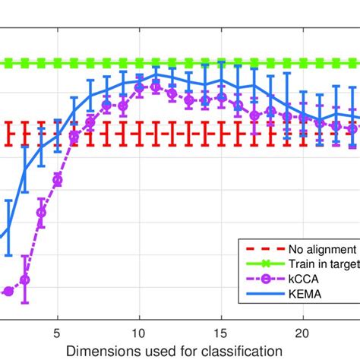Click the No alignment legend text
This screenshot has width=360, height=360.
(x=321, y=249)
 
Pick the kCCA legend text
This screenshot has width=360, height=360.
(x=303, y=279)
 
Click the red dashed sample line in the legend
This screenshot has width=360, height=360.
(x=261, y=249)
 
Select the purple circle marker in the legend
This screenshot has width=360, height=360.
(x=261, y=279)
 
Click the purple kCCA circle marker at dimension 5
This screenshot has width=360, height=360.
(x=57, y=180)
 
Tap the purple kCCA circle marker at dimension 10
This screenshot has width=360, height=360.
(x=139, y=88)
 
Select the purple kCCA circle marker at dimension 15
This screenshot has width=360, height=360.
(x=221, y=97)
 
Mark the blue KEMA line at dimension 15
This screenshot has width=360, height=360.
(x=221, y=80)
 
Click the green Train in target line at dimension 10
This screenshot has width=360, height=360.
(x=139, y=63)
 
